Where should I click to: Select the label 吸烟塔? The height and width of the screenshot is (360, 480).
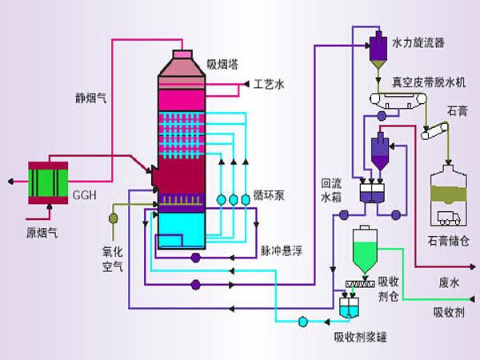coord(222,63)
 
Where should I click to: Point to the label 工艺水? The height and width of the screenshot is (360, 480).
coord(269,83)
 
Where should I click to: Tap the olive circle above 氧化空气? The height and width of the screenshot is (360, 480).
coord(114,217)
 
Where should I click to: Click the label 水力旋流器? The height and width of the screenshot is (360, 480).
coord(418,40)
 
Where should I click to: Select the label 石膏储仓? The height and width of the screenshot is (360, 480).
coord(450,241)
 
